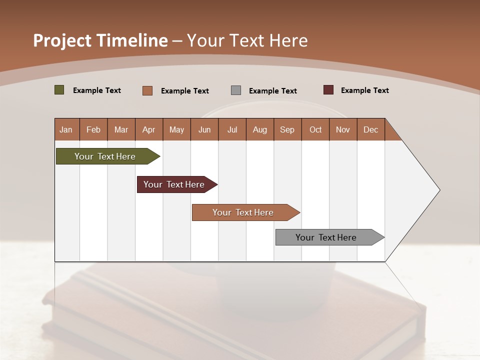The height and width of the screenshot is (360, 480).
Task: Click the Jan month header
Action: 66,129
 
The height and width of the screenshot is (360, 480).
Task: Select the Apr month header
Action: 148,129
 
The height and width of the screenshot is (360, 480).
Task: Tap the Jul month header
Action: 232,129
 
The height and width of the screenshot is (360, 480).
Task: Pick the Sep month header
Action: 287,129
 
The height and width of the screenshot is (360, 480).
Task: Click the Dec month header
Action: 370,129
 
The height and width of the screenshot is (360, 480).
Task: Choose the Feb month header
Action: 93,129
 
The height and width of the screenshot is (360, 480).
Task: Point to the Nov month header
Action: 342,129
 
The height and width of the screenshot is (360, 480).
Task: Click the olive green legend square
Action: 59,90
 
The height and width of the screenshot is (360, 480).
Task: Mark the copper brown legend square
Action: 147,90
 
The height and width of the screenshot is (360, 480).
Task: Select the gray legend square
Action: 235,90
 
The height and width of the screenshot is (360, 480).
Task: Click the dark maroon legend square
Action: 328,90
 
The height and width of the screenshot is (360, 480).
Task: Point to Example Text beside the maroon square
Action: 364,90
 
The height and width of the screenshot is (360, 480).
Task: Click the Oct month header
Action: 315,129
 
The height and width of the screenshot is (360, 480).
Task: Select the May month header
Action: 176,129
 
